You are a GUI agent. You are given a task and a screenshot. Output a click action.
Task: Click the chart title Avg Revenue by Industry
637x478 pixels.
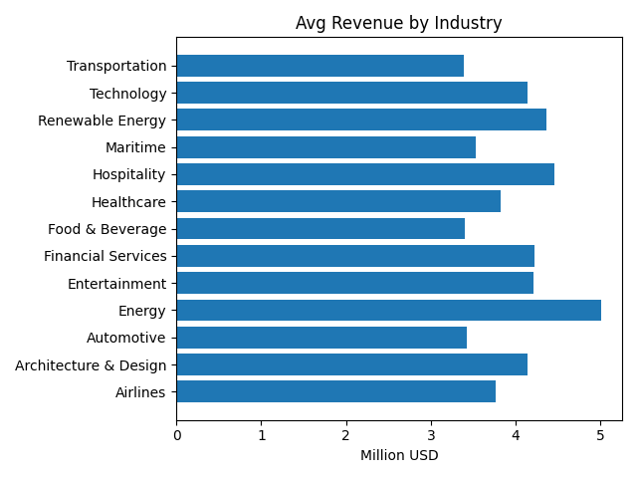398,23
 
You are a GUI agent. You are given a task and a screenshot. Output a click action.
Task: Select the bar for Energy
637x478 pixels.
388,311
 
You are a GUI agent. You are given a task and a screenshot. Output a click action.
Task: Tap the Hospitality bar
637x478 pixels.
365,174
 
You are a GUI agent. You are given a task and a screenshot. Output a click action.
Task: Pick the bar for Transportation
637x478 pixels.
319,66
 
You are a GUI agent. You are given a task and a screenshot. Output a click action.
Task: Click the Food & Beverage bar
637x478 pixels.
320,229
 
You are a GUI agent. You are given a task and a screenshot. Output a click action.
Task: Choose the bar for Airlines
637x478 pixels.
335,392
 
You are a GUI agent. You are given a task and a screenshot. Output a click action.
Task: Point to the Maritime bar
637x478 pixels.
325,147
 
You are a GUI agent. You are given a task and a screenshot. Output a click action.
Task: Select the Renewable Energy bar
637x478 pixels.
361,120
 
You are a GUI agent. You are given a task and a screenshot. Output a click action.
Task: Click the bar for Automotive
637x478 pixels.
321,338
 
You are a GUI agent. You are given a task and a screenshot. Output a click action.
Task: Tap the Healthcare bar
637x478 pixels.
338,202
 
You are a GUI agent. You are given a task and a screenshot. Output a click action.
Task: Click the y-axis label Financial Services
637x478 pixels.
106,256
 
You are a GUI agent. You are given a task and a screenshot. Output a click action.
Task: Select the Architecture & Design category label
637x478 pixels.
91,365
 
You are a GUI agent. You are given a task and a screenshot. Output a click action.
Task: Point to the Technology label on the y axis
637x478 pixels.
127,94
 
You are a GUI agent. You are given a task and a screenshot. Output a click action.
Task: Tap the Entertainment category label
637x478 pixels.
116,284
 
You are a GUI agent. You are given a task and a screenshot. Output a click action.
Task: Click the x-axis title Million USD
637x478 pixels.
398,456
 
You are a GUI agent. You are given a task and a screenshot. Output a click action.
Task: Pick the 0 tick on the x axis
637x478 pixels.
177,435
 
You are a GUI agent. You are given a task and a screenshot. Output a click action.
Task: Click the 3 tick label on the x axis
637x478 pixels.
431,435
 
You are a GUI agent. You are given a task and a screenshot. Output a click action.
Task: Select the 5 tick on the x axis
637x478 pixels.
600,435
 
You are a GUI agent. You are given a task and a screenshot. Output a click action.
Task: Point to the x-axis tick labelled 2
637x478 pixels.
346,435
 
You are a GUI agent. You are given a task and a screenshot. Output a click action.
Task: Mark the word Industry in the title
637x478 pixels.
470,23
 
